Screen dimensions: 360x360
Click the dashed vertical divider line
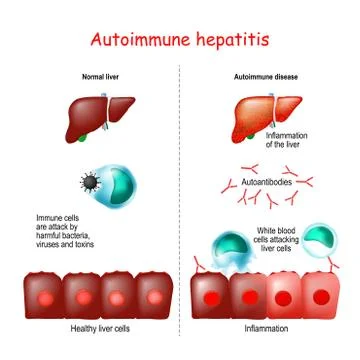(181, 200)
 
